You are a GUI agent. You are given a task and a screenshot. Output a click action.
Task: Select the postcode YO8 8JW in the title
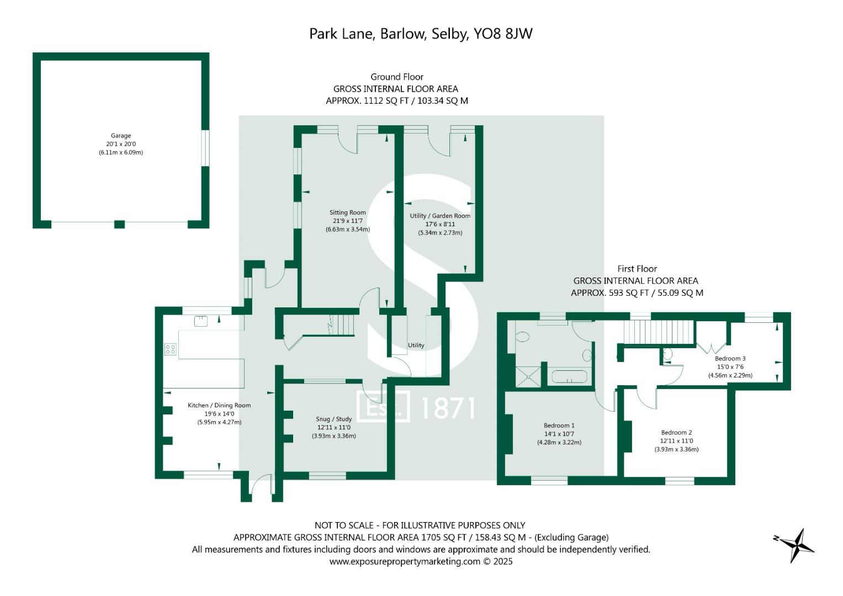[503, 34]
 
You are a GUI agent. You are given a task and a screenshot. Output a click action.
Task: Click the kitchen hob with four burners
[170, 349]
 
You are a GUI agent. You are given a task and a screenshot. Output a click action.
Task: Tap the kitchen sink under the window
[201, 321]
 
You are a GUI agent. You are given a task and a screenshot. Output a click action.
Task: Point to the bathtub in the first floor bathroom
[569, 377]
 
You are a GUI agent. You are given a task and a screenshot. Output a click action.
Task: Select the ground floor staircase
[343, 322]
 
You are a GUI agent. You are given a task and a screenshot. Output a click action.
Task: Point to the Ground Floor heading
[396, 77]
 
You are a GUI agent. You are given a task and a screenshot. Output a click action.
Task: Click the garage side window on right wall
[205, 148]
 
